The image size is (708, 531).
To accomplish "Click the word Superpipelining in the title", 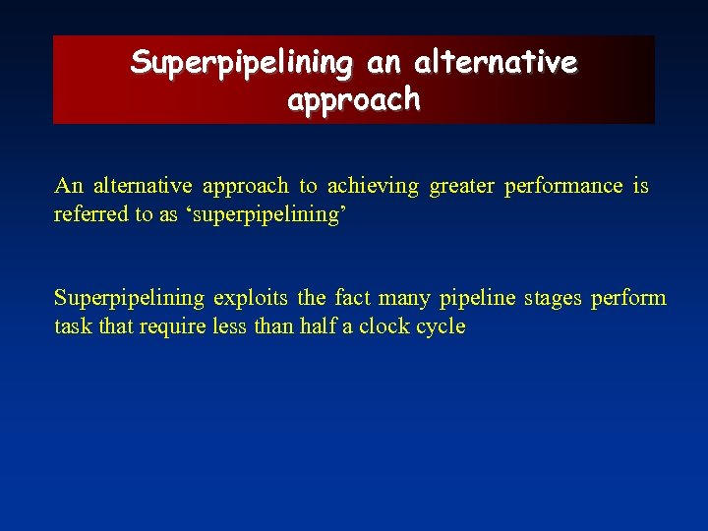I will click(x=242, y=63).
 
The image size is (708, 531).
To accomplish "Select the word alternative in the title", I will click(x=496, y=63).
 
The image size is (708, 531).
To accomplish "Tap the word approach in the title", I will click(x=354, y=100).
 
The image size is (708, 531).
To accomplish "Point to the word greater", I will click(x=462, y=186).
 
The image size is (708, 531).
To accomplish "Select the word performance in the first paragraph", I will click(x=563, y=186).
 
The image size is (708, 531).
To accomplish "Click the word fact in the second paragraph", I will click(x=353, y=298).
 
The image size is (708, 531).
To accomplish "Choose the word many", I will click(x=406, y=298).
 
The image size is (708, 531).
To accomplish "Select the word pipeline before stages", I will click(x=477, y=298).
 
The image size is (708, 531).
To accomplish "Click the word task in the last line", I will click(x=73, y=326).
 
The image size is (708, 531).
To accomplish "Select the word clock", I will click(x=384, y=326).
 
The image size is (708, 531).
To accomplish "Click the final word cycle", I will click(x=442, y=326).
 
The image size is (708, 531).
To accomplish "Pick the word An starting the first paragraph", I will click(x=69, y=186).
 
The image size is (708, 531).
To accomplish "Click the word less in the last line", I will click(x=230, y=326).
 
